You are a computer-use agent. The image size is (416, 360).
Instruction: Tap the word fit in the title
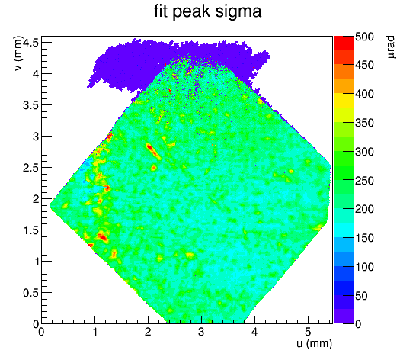click(x=161, y=11)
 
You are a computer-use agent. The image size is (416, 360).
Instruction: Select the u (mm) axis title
click(x=314, y=343)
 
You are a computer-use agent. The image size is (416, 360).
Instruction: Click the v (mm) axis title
click(x=18, y=53)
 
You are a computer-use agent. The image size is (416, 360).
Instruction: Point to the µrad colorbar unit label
click(x=390, y=47)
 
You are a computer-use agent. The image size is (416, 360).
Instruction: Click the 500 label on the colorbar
click(x=364, y=37)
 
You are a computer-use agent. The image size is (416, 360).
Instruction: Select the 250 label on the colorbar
click(x=364, y=181)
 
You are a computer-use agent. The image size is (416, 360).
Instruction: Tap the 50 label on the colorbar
click(x=361, y=296)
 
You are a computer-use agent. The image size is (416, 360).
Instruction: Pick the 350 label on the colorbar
click(x=364, y=123)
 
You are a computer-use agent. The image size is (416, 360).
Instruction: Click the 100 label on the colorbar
click(x=364, y=267)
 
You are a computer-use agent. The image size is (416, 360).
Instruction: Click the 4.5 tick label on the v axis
click(x=31, y=43)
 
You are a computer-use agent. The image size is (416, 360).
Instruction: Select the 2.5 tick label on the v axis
click(x=31, y=168)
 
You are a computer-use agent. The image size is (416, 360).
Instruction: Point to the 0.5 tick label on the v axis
click(x=31, y=293)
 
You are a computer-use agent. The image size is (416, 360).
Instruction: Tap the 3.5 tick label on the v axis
click(x=31, y=105)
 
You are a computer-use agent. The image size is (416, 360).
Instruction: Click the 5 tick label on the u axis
click(x=308, y=332)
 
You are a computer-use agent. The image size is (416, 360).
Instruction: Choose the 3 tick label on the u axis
click(x=201, y=332)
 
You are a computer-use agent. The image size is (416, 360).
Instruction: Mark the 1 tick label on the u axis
click(x=94, y=332)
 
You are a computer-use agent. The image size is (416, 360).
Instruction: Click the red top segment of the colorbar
click(x=344, y=43)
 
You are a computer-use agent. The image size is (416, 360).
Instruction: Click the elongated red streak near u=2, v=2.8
click(x=153, y=151)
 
